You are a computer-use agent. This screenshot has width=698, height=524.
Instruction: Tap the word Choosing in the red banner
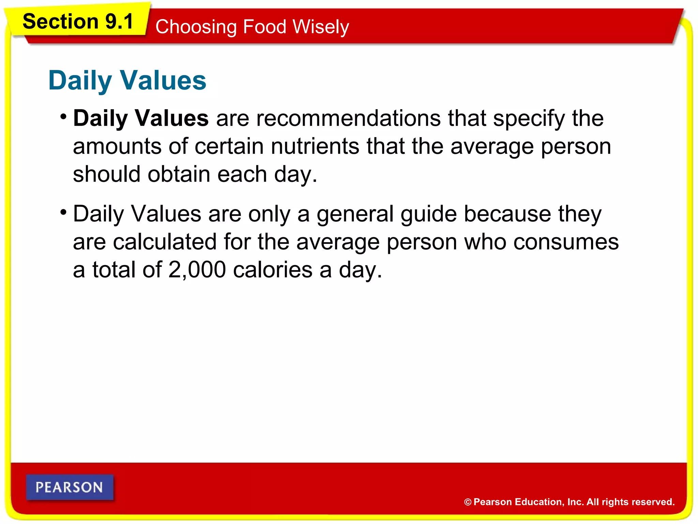point(196,27)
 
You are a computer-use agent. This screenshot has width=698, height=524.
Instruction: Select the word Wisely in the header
point(321,27)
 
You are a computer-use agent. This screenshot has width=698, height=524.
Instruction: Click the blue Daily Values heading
point(127,81)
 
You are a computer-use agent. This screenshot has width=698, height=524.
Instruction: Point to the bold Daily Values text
point(141,118)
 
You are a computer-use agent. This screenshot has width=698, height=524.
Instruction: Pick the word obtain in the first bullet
point(179,174)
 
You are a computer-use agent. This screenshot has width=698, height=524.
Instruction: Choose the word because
point(507,214)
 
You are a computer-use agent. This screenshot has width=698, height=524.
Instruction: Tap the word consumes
point(566,242)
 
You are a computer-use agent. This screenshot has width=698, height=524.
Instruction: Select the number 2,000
point(197,270)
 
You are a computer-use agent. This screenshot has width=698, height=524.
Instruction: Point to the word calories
point(273,270)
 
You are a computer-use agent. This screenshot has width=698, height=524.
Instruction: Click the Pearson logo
point(70,487)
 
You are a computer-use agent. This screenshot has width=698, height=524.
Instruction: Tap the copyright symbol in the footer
point(468,502)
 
